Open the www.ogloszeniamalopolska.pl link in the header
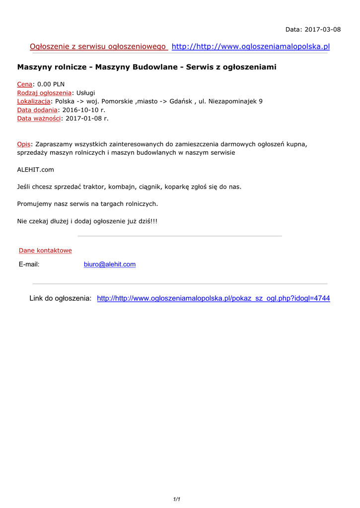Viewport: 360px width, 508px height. [250, 47]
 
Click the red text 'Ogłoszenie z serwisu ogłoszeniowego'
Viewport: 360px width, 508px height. [98, 47]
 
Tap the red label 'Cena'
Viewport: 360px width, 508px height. [25, 84]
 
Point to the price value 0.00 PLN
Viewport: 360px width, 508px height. [51, 84]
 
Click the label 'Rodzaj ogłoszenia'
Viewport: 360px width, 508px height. [44, 93]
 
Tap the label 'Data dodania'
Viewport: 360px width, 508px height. [37, 110]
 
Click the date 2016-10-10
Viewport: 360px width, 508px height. [80, 110]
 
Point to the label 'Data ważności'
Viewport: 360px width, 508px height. [39, 118]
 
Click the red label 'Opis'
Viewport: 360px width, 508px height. [24, 144]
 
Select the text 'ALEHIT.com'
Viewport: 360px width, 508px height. [36, 170]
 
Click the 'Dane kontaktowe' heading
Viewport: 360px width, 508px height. [45, 251]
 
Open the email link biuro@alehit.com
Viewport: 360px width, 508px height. [110, 264]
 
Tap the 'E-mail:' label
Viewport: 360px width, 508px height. [29, 264]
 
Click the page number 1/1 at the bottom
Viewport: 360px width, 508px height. [176, 499]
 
